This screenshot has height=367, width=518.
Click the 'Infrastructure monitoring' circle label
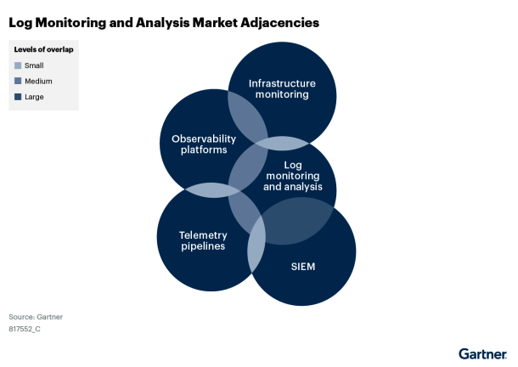(282, 89)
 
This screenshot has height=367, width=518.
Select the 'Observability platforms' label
(199, 144)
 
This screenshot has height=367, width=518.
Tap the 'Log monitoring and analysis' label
(292, 175)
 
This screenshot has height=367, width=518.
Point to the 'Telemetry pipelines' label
(202, 240)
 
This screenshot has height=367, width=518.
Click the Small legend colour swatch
(18, 65)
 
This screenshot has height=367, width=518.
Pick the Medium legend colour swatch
(18, 82)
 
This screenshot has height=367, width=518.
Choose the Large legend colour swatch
(18, 97)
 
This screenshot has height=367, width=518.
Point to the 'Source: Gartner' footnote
(36, 317)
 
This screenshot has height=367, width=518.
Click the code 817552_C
(25, 329)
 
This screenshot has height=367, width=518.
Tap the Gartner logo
(482, 353)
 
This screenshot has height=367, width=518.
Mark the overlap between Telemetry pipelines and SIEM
(256, 248)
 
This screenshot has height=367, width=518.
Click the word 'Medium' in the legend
(38, 82)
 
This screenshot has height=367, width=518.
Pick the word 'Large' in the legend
(35, 97)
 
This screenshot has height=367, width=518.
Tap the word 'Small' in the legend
(34, 65)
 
